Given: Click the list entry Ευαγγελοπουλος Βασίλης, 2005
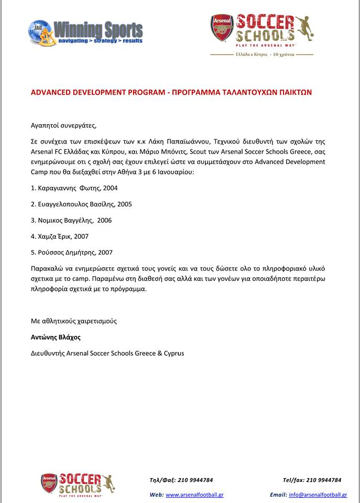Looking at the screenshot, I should [x=81, y=204].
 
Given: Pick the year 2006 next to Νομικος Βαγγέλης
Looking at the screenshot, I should [x=103, y=220].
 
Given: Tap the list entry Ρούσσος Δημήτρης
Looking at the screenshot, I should [x=67, y=252].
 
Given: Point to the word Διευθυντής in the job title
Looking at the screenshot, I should [x=48, y=353].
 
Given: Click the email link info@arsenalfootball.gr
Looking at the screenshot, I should [x=318, y=495].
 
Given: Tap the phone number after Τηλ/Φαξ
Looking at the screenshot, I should [x=197, y=480].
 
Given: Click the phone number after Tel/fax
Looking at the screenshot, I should [x=324, y=480].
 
